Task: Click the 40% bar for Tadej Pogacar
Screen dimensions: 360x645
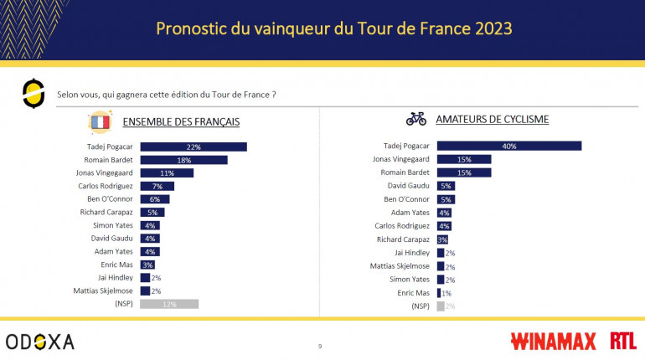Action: (508, 146)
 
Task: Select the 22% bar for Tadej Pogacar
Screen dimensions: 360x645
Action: (193, 147)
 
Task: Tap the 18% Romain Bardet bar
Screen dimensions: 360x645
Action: (183, 160)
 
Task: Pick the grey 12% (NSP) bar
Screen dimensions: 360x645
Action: (169, 304)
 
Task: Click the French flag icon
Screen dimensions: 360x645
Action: (100, 122)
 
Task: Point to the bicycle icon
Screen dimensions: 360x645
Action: (416, 119)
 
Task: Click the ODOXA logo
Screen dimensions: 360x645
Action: (39, 341)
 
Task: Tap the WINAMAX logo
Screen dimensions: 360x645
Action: (553, 341)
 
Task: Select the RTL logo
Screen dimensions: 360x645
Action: (622, 341)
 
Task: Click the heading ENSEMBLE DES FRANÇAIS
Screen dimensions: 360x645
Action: (182, 121)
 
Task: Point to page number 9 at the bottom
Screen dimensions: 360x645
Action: (319, 346)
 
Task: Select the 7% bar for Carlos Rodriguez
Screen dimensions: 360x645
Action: (157, 186)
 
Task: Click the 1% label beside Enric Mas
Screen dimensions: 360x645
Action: (446, 293)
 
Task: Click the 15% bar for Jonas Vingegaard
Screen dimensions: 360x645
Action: (463, 159)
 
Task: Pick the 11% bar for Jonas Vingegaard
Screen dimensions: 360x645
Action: (167, 172)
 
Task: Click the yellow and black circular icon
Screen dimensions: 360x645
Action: (33, 93)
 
